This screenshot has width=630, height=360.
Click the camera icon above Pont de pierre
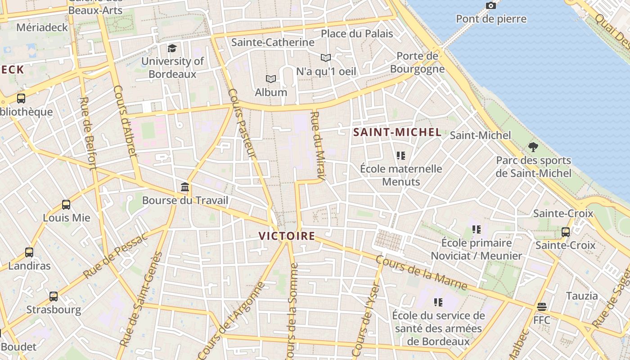pos(491,6)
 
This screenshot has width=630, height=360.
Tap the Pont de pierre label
pos(491,19)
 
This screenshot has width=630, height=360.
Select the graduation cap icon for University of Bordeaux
pos(172,48)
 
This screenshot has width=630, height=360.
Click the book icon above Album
pos(270,79)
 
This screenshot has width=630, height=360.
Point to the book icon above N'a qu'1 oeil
pos(326,58)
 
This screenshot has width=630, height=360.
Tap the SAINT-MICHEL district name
pos(397,132)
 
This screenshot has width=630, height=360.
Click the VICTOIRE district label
pos(287,236)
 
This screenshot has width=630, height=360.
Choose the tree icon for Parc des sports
pos(533,147)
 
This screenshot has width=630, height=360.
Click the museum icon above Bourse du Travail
pos(185,187)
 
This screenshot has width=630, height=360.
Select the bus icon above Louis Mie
pos(66,205)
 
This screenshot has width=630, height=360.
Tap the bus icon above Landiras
pos(29,252)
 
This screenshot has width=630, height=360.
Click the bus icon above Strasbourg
pos(54,297)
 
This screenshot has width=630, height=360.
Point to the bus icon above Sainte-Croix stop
pos(566,232)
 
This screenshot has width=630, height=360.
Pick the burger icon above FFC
pos(542,307)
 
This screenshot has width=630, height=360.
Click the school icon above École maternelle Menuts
pos(401,156)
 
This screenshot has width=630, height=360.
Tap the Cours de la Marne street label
pos(421,272)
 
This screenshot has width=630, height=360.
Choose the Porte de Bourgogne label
pos(417,63)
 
